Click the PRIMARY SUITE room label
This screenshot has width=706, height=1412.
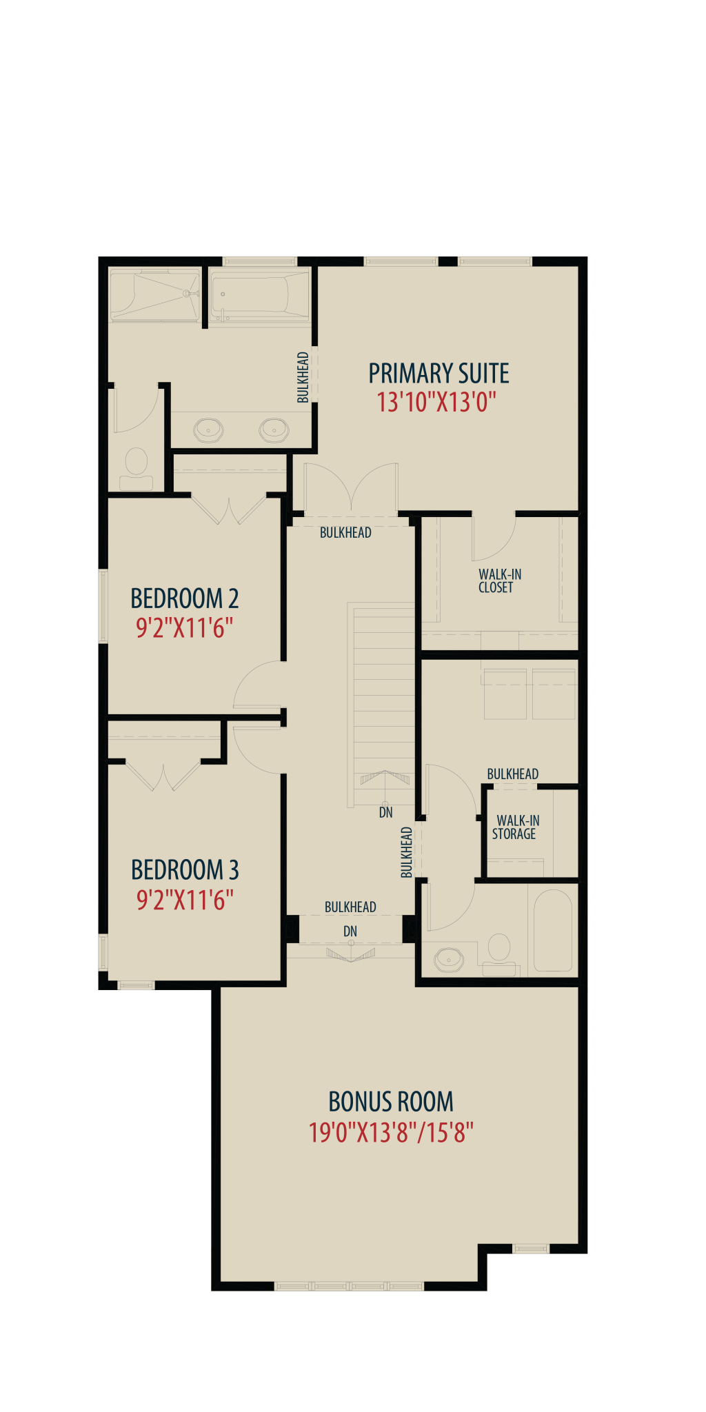pos(438,374)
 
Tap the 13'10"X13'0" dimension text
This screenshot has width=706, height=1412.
pos(436,402)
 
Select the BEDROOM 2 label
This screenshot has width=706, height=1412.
pos(185,598)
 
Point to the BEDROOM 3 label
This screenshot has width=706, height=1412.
pos(185,870)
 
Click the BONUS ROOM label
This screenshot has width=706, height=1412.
pos(391,1102)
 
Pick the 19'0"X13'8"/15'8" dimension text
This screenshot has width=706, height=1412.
pos(391,1133)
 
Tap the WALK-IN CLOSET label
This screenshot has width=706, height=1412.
pos(500,581)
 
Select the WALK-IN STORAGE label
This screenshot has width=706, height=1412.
pos(516,827)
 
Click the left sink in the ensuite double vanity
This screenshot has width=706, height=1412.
pos(208,430)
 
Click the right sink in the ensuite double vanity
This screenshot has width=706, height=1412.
pos(274,430)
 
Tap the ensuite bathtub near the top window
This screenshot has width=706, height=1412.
pos(259,295)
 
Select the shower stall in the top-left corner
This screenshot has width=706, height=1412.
pos(155,295)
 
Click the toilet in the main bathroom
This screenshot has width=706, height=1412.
pos(499,955)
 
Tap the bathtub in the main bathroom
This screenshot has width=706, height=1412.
pos(553,931)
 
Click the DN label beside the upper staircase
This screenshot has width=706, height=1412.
pos(386,812)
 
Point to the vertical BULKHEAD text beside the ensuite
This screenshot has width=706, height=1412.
pos(303,377)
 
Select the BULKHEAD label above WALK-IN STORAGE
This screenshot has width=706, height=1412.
pos(513,774)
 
